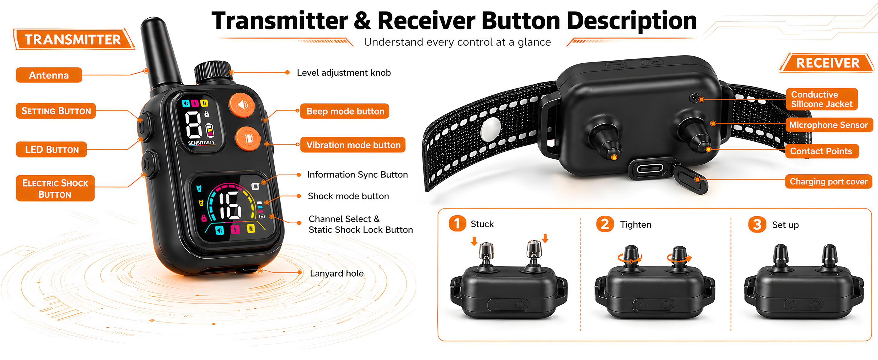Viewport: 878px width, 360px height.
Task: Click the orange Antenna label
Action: tap(49, 75)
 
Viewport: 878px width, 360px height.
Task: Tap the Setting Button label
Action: tap(56, 111)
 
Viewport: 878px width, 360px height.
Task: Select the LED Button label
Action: tap(52, 149)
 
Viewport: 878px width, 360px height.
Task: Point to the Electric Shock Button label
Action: tap(55, 188)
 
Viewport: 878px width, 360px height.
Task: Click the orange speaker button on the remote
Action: tap(242, 105)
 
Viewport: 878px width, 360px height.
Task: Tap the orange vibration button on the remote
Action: tap(248, 138)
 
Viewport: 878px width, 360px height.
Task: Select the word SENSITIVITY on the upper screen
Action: tap(202, 142)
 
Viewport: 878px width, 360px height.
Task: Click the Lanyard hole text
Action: tap(336, 273)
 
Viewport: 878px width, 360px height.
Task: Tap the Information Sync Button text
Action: tap(357, 175)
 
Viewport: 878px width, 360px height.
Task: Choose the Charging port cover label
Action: tap(829, 181)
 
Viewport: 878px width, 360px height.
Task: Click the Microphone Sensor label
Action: tap(829, 125)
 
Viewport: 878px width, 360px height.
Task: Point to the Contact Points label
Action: tap(821, 151)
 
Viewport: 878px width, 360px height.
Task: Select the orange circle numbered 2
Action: tap(605, 224)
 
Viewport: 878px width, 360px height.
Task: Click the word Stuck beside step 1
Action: tap(482, 224)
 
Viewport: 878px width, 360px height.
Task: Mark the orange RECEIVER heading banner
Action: tap(828, 63)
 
